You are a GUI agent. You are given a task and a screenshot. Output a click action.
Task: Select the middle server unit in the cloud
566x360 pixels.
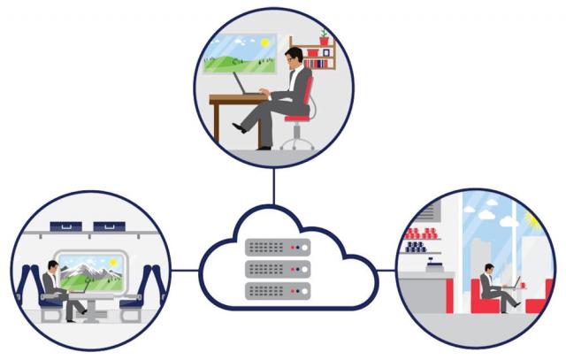click(x=278, y=268)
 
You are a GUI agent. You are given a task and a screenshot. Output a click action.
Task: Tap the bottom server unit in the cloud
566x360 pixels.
click(x=278, y=288)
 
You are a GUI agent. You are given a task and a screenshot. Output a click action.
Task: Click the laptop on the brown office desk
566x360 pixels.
click(x=247, y=85)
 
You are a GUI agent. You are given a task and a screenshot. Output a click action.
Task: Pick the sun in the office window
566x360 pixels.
click(x=263, y=41)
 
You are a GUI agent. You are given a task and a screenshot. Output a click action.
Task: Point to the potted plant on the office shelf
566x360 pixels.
click(x=324, y=38)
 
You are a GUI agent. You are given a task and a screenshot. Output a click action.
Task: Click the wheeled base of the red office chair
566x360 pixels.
click(x=297, y=142)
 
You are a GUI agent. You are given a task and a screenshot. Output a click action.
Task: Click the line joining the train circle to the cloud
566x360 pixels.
click(x=185, y=270)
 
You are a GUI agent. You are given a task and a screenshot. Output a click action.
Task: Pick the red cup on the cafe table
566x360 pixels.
click(x=524, y=285)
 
